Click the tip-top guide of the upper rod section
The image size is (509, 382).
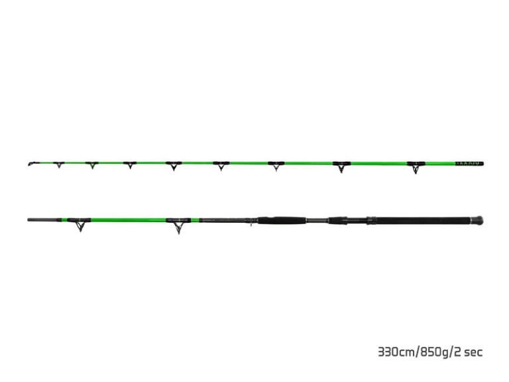pos(31,163)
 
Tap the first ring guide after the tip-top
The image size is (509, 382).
pos(58,164)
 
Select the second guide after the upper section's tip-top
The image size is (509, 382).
pos(91,165)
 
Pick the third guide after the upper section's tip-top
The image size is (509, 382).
pos(130,165)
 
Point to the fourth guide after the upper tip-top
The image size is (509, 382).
pos(174,166)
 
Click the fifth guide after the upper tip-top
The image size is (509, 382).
pos(221,166)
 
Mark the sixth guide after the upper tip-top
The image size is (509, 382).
pos(276,166)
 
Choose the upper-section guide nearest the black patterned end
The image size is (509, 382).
pos(416,166)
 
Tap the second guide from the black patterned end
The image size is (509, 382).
pos(341,166)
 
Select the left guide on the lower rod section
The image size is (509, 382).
pos(80,223)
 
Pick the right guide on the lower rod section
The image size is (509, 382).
pos(178,224)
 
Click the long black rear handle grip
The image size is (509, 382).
pos(418,220)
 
